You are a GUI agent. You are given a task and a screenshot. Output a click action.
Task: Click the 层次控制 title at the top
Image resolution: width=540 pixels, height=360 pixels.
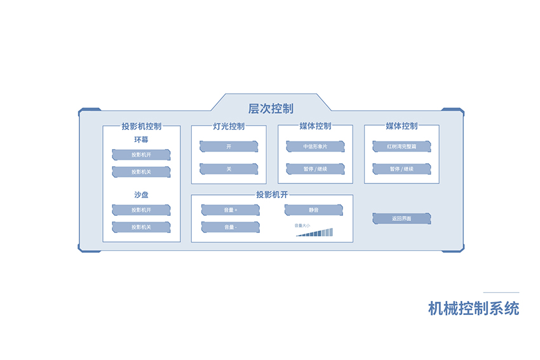coord(271,109)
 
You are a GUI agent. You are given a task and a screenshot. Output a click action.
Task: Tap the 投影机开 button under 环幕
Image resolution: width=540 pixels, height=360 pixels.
coord(141,154)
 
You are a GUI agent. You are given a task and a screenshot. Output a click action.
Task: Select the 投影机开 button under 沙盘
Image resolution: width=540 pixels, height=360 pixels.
coord(141,210)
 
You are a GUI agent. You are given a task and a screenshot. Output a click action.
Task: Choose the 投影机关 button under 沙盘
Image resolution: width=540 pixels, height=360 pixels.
coord(141,227)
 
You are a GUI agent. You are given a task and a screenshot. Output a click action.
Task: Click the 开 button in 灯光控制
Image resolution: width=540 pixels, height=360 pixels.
coord(229,147)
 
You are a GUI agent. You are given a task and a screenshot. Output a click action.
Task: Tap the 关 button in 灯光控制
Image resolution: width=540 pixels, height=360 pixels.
coord(229,169)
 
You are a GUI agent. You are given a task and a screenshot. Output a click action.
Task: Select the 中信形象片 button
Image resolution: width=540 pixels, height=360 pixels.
coord(315,147)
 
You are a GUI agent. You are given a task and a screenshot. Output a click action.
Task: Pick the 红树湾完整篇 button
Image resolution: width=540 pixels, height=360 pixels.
coord(402,147)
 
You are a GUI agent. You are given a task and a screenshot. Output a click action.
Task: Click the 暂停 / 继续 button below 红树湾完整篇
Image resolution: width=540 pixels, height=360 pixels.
coord(402,169)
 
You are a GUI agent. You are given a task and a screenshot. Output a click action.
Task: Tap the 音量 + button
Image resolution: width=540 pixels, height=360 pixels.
coord(230,210)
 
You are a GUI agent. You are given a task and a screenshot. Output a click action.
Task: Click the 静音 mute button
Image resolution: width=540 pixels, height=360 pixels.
coord(313,210)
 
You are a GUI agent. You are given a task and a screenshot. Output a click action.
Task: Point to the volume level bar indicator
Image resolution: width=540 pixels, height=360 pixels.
coord(314,233)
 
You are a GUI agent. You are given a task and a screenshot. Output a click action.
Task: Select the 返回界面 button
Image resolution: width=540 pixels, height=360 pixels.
coord(402,219)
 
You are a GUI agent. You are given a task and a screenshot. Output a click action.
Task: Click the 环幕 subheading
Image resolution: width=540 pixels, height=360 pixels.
coord(141,140)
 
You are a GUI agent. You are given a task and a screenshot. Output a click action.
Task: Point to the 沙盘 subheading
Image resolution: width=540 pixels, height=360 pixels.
coord(141,195)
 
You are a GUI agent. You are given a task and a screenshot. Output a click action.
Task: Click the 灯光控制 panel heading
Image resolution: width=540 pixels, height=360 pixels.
coord(229,126)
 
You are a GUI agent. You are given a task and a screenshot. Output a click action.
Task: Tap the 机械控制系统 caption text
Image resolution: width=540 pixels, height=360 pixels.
coord(473,309)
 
